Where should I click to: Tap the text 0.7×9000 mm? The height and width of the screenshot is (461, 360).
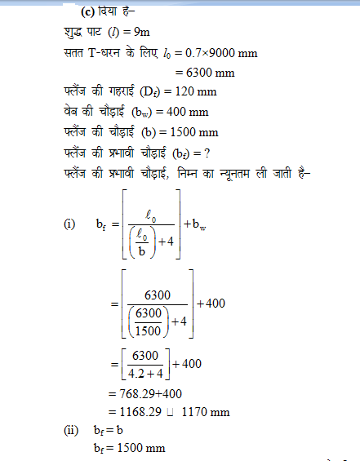[219, 53]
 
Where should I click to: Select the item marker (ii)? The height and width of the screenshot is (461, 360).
[71, 429]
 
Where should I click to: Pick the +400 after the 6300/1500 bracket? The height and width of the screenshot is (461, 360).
[211, 304]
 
